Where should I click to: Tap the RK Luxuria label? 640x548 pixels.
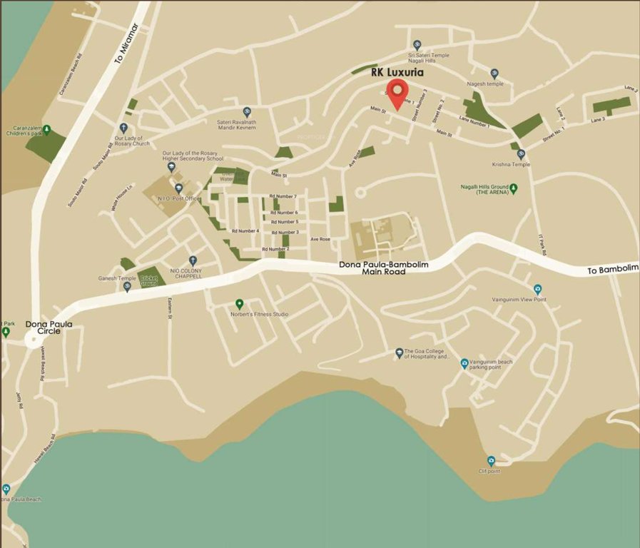[x=397, y=72]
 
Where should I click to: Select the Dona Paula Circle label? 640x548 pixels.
[x=49, y=328]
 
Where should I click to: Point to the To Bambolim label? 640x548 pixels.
[x=612, y=269]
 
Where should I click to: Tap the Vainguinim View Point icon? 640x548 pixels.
[x=537, y=289]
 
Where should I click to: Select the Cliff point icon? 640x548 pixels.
[x=491, y=461]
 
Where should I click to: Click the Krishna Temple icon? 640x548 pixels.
[x=521, y=153]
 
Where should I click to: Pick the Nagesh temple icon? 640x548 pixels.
[x=494, y=73]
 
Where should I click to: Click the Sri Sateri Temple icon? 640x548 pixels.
[x=417, y=44]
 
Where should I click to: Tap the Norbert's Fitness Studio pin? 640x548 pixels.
[x=240, y=303]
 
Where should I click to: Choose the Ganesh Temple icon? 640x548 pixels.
[x=127, y=287]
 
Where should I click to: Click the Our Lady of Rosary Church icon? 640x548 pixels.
[x=123, y=128]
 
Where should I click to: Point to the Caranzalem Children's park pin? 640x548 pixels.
[x=46, y=129]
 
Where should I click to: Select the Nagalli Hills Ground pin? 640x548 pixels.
[x=513, y=188]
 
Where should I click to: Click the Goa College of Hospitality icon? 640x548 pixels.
[x=400, y=352]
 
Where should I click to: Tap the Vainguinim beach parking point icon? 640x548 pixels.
[x=464, y=363]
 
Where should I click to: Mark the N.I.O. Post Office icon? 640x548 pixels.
[x=178, y=188]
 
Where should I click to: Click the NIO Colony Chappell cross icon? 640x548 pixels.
[x=193, y=260]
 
